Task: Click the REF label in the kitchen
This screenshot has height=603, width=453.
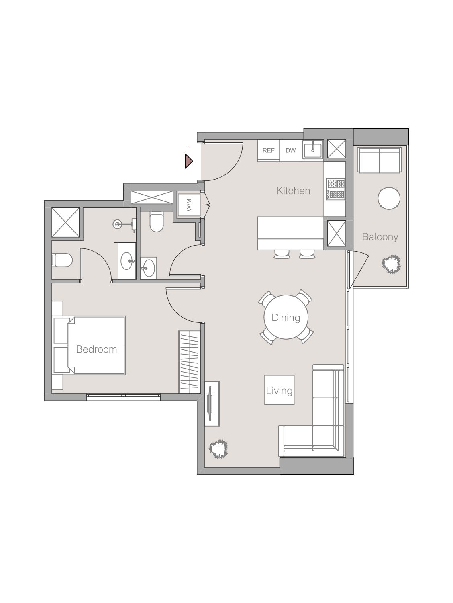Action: pos(268,151)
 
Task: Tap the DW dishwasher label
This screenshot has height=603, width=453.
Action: pos(290,151)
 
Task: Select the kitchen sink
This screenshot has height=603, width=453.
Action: pos(313,150)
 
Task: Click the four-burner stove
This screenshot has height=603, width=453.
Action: pos(336,189)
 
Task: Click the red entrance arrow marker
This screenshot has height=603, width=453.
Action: pos(188,161)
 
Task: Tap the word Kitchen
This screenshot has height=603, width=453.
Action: pos(293,191)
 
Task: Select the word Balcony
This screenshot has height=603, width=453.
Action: pos(380,237)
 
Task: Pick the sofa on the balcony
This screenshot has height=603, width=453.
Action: pos(379,160)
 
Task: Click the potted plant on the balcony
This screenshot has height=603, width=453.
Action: pos(391,264)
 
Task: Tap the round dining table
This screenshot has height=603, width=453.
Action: pos(286,317)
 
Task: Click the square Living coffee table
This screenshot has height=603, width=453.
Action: pos(279,390)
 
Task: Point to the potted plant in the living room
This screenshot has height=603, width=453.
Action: pos(218,449)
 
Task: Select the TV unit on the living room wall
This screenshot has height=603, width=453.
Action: pos(212,403)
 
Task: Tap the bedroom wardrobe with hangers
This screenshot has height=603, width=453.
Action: pos(189,361)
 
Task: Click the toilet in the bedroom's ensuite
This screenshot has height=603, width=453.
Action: pos(63,260)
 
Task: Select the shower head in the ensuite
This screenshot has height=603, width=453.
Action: pos(117,224)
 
